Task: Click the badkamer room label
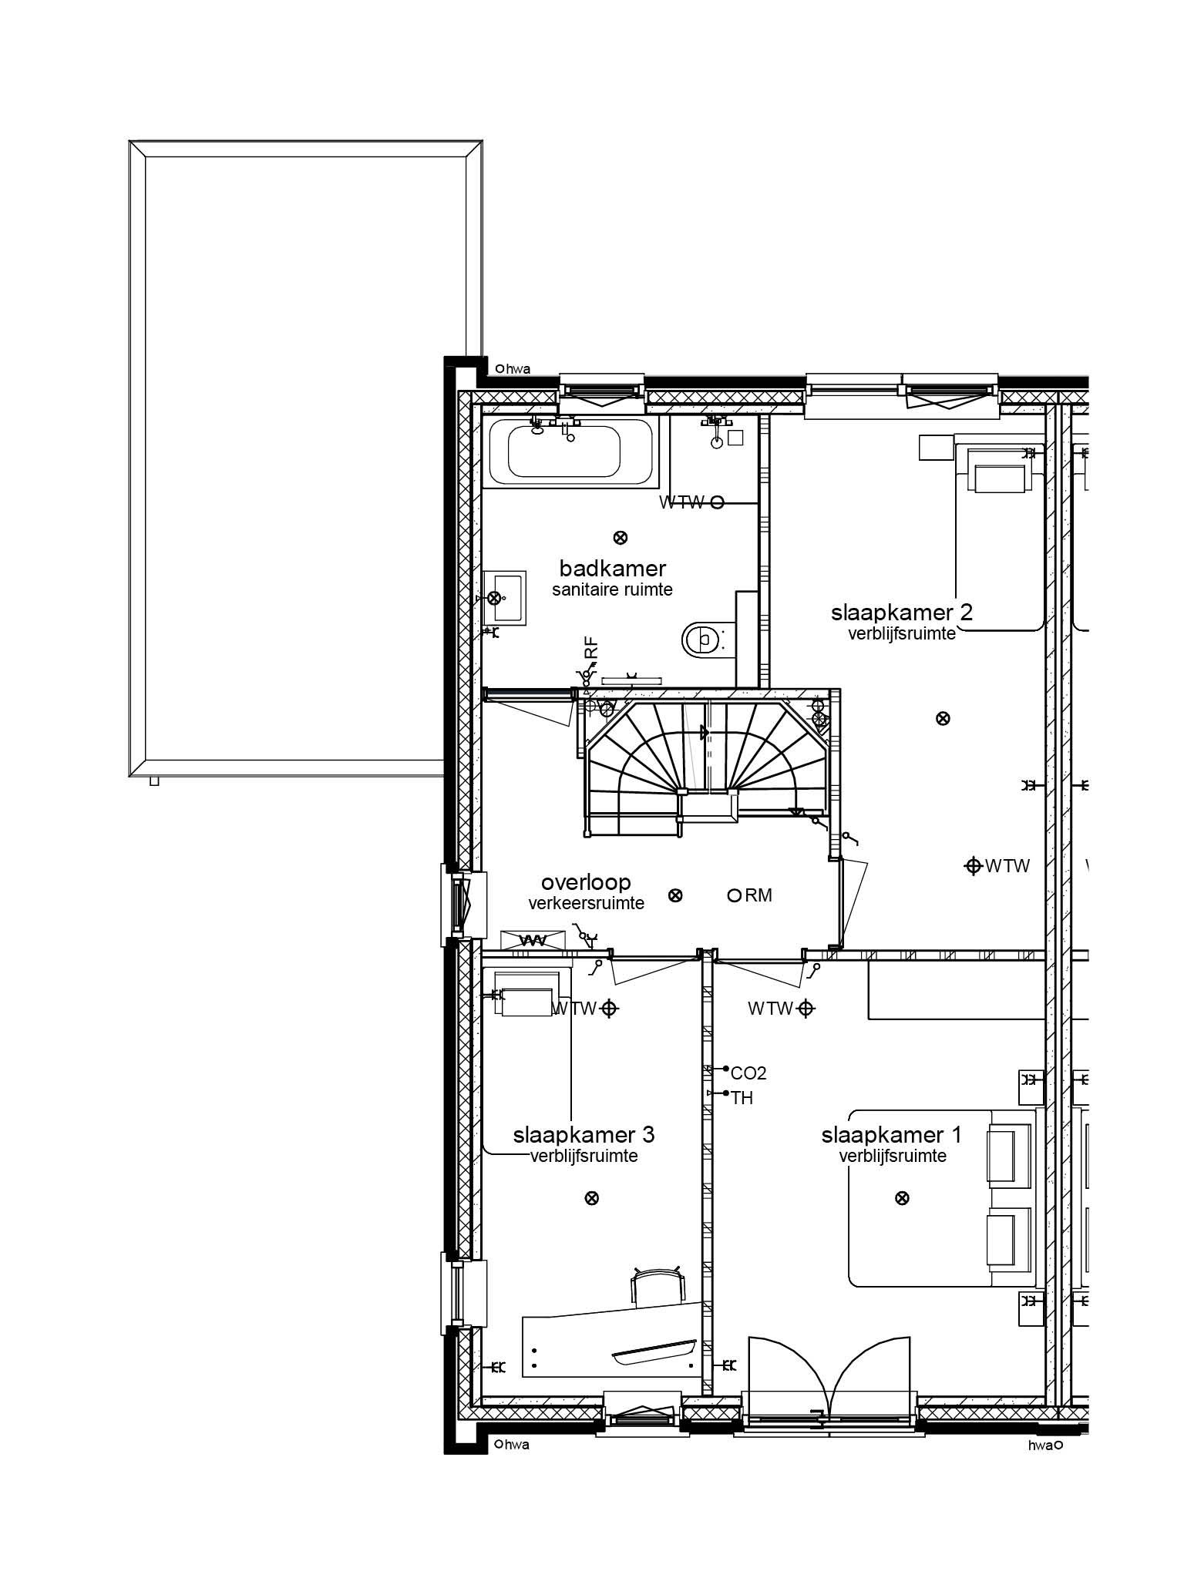pyautogui.click(x=612, y=569)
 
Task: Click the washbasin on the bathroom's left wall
pyautogui.click(x=505, y=597)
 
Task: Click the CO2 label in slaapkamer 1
pyautogui.click(x=748, y=1073)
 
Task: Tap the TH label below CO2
pyautogui.click(x=742, y=1098)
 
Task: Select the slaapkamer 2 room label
pyautogui.click(x=901, y=613)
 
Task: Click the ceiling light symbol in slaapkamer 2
pyautogui.click(x=942, y=719)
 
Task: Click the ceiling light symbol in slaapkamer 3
pyautogui.click(x=592, y=1198)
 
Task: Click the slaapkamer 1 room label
pyautogui.click(x=892, y=1135)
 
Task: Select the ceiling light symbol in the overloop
pyautogui.click(x=675, y=895)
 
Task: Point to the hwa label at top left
pyautogui.click(x=517, y=369)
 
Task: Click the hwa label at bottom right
pyautogui.click(x=1040, y=1445)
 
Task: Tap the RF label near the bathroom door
pyautogui.click(x=590, y=648)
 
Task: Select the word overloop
pyautogui.click(x=585, y=882)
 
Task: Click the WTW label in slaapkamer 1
pyautogui.click(x=769, y=1008)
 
